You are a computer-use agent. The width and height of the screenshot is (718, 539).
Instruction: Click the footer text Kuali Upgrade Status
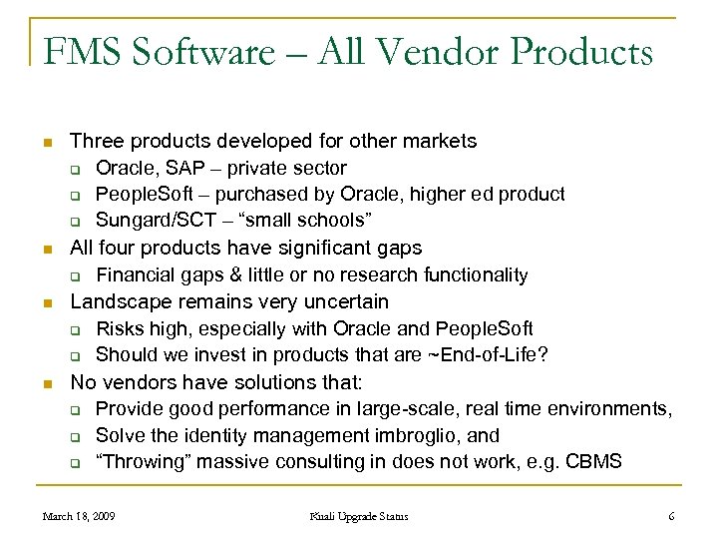(358, 516)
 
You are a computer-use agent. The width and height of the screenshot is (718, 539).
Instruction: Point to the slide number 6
(672, 516)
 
